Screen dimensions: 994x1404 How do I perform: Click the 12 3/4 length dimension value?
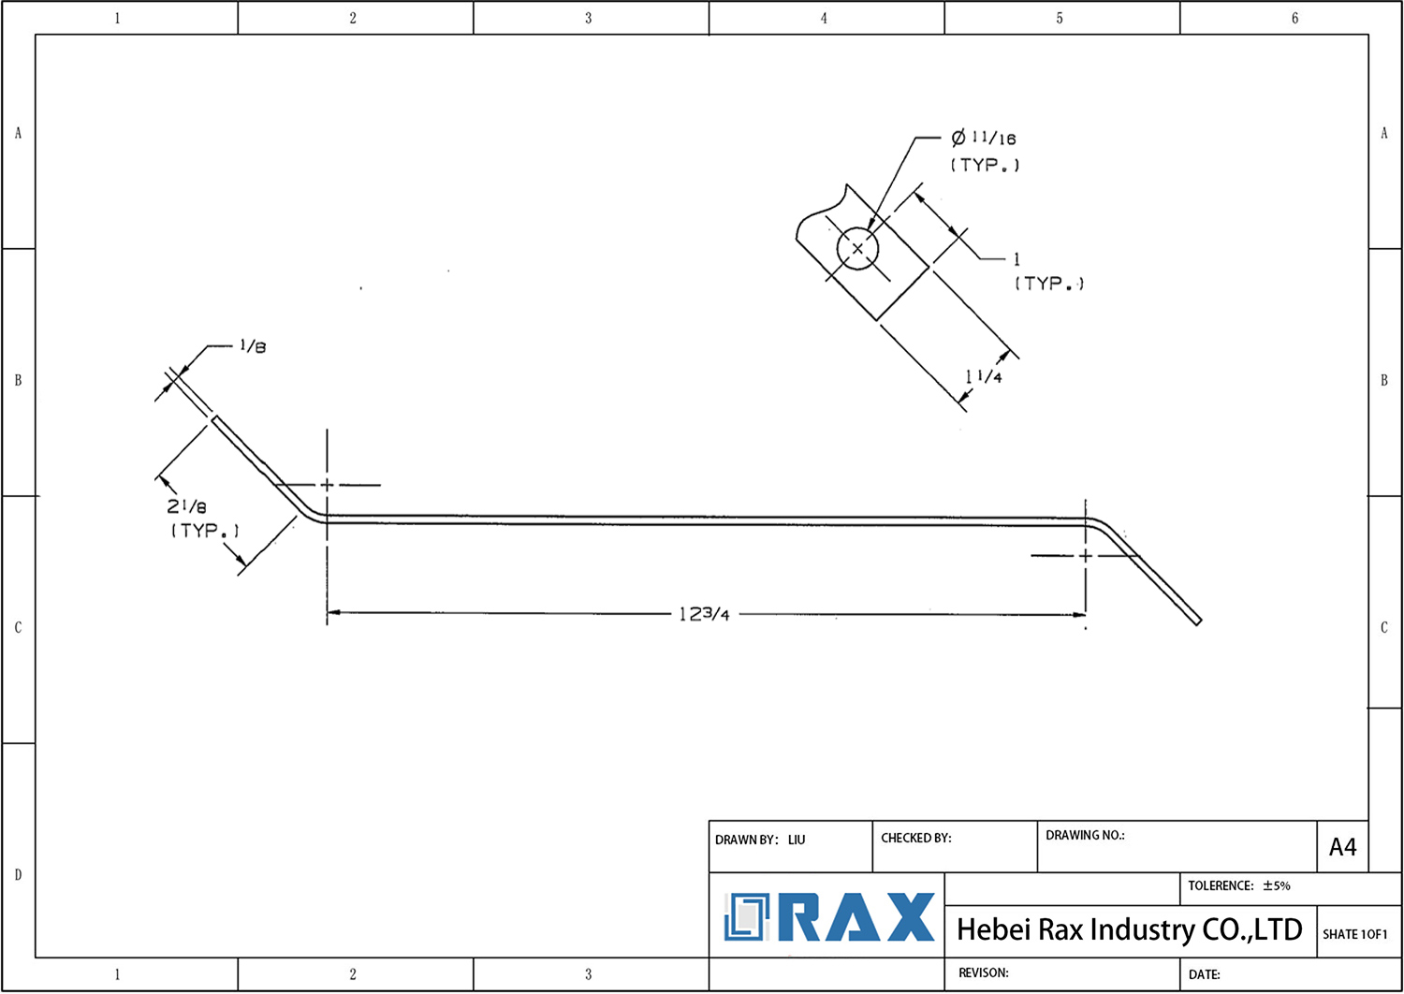point(704,614)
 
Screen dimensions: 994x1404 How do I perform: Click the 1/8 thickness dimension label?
point(253,346)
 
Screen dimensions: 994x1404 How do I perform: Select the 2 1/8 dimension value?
point(187,506)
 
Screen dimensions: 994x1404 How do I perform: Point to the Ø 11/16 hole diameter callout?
point(984,139)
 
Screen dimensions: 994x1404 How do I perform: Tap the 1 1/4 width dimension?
point(984,376)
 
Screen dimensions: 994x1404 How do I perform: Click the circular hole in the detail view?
point(857,249)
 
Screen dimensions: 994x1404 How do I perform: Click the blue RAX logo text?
point(856,917)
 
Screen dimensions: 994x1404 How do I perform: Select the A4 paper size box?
point(1342,847)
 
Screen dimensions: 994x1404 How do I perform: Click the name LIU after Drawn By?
point(797,840)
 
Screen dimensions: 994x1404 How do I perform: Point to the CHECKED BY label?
point(915,838)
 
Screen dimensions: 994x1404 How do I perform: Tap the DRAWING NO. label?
point(1085,835)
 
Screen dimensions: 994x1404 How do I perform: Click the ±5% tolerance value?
point(1277,885)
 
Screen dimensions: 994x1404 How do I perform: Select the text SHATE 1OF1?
point(1354,934)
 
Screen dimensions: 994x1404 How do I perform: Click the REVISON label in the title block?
point(983,972)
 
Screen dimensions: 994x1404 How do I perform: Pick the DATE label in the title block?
point(1204,974)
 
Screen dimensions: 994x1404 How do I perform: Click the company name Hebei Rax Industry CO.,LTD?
point(1129,929)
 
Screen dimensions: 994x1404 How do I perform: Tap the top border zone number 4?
point(824,18)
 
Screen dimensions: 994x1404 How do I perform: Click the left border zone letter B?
point(18,380)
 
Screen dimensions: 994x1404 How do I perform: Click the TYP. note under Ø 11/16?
point(985,165)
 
